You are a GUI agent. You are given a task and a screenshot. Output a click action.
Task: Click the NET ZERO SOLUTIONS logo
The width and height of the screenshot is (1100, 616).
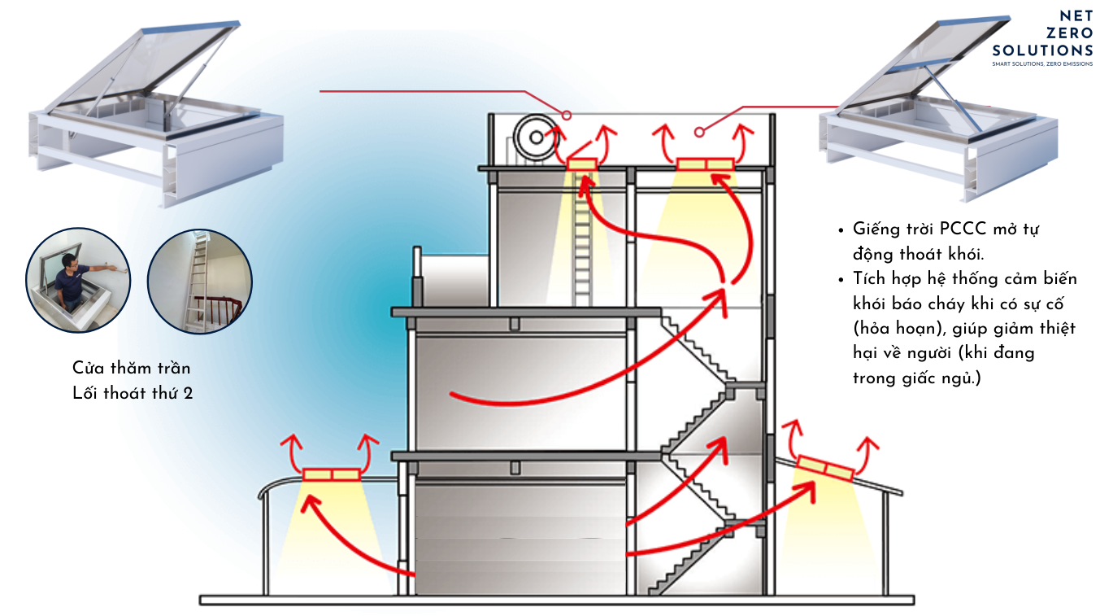point(1042,33)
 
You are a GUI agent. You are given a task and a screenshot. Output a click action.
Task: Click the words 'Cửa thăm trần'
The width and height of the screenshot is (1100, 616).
point(131,369)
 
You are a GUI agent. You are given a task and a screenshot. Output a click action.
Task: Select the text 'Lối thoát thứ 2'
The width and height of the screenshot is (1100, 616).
point(133,394)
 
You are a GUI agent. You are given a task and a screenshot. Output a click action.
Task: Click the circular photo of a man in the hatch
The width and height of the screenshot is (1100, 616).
point(78,280)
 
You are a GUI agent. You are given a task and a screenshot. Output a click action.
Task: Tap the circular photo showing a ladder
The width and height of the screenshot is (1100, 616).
point(200,280)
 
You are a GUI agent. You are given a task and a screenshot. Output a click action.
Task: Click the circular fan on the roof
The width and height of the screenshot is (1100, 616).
point(536,138)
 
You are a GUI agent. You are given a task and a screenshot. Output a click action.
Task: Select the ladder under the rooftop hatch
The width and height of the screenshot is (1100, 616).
point(581,244)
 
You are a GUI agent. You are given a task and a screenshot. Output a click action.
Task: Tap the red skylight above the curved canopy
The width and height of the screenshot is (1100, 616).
point(331,474)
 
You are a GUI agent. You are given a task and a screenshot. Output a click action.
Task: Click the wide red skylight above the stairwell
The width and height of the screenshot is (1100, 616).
point(705,165)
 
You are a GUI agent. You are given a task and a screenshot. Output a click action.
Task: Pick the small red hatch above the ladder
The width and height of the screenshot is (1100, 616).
point(581,164)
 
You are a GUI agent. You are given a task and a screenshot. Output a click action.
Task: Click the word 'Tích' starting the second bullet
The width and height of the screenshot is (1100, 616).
point(871,279)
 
